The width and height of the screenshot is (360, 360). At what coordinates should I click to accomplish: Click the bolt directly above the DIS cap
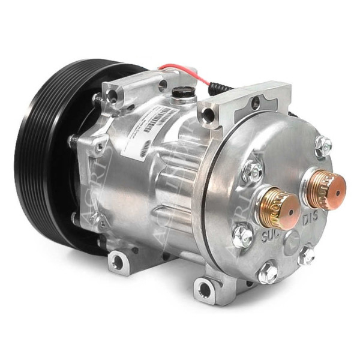tap(323, 145)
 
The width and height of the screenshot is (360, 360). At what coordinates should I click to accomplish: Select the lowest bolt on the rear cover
tap(268, 274)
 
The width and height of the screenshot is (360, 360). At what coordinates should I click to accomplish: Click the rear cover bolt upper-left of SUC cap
tap(252, 172)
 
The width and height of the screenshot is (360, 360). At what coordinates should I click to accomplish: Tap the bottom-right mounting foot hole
tap(205, 290)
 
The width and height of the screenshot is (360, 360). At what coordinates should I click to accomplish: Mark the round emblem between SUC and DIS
tap(293, 239)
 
